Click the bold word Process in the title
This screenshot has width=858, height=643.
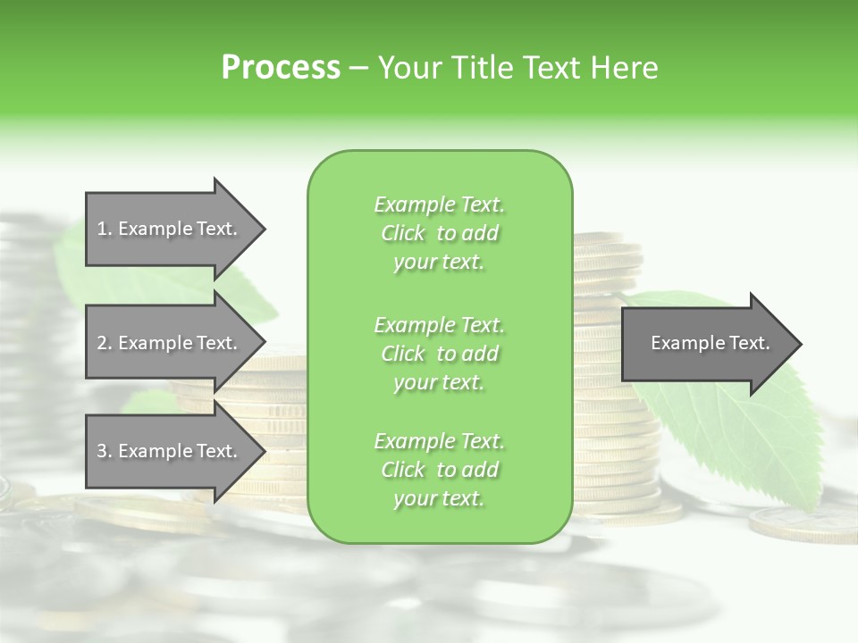(x=281, y=68)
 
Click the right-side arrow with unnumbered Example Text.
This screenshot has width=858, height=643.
(x=706, y=343)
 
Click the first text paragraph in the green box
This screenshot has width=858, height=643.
(x=439, y=233)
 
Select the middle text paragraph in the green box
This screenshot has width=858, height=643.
(x=439, y=354)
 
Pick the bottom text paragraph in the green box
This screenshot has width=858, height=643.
(x=439, y=470)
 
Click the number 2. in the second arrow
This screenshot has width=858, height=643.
(x=104, y=343)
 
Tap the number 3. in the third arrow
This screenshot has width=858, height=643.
(x=104, y=451)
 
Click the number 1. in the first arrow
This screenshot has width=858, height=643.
(x=104, y=229)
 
